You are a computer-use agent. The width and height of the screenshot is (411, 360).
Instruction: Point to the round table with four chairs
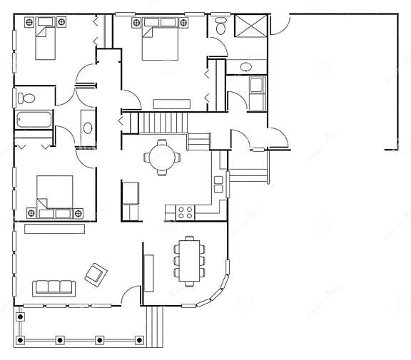(161, 157)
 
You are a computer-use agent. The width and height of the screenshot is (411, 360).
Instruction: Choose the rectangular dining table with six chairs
(189, 261)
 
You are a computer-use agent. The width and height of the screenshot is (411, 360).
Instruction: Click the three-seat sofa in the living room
(54, 287)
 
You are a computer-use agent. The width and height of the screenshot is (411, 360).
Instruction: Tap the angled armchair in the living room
(96, 273)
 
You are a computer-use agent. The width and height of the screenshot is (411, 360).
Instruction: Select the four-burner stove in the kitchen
(186, 212)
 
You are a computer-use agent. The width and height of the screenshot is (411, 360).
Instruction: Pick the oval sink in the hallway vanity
(88, 128)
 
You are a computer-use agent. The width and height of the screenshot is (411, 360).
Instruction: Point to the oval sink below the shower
(245, 67)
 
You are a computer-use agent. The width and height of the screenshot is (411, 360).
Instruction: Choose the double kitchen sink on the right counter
(218, 185)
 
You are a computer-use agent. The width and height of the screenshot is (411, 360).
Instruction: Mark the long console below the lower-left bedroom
(54, 229)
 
